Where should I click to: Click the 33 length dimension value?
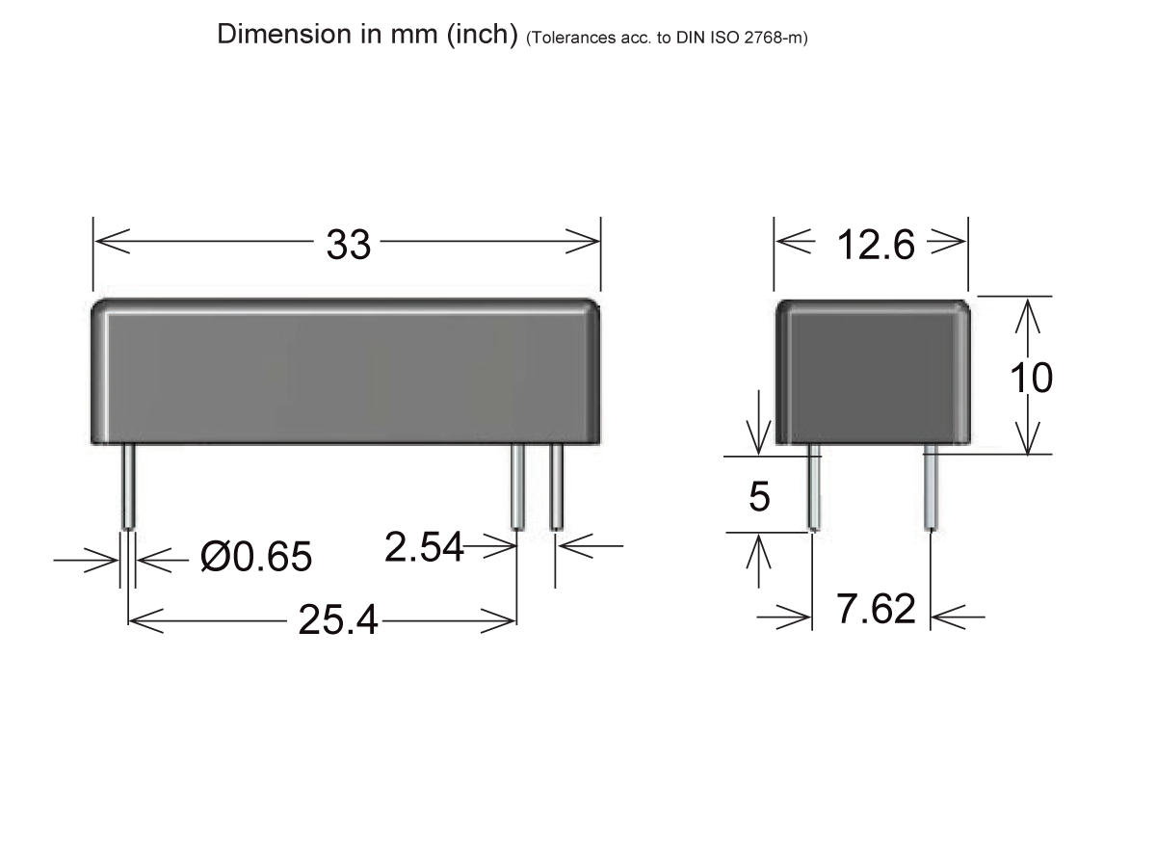[x=348, y=246]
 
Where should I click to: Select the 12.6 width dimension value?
[x=875, y=246]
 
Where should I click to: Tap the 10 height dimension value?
[x=1031, y=379]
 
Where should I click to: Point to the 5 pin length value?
[x=759, y=497]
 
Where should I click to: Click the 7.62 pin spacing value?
[x=875, y=610]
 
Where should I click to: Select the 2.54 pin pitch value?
[x=424, y=548]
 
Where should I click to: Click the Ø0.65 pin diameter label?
[x=256, y=557]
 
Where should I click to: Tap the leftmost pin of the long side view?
[x=128, y=486]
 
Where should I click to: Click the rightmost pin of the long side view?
[x=556, y=486]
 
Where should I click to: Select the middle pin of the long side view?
[x=517, y=486]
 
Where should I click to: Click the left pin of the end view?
[x=814, y=487]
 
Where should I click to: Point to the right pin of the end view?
[x=930, y=487]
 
